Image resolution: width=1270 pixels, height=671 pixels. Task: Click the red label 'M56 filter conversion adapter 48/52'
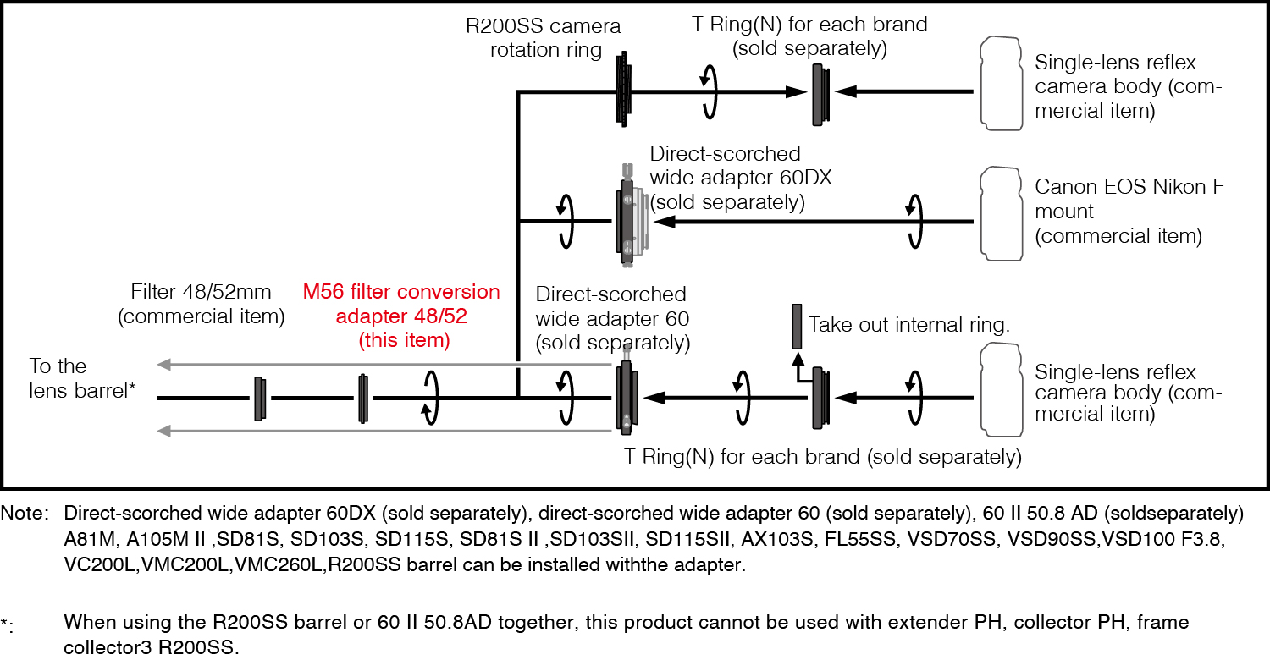click(401, 316)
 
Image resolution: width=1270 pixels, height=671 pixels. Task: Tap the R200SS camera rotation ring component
click(624, 90)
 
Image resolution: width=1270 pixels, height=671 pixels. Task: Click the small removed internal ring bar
click(797, 327)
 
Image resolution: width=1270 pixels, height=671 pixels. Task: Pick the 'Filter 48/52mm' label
click(201, 304)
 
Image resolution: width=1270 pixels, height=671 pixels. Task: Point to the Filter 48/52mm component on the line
click(261, 399)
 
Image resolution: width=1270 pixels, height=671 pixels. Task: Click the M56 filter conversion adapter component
click(363, 398)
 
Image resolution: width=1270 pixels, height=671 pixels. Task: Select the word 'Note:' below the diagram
click(25, 514)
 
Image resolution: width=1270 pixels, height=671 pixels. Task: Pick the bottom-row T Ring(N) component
click(820, 397)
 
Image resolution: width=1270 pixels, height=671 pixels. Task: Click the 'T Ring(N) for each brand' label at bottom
click(822, 457)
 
